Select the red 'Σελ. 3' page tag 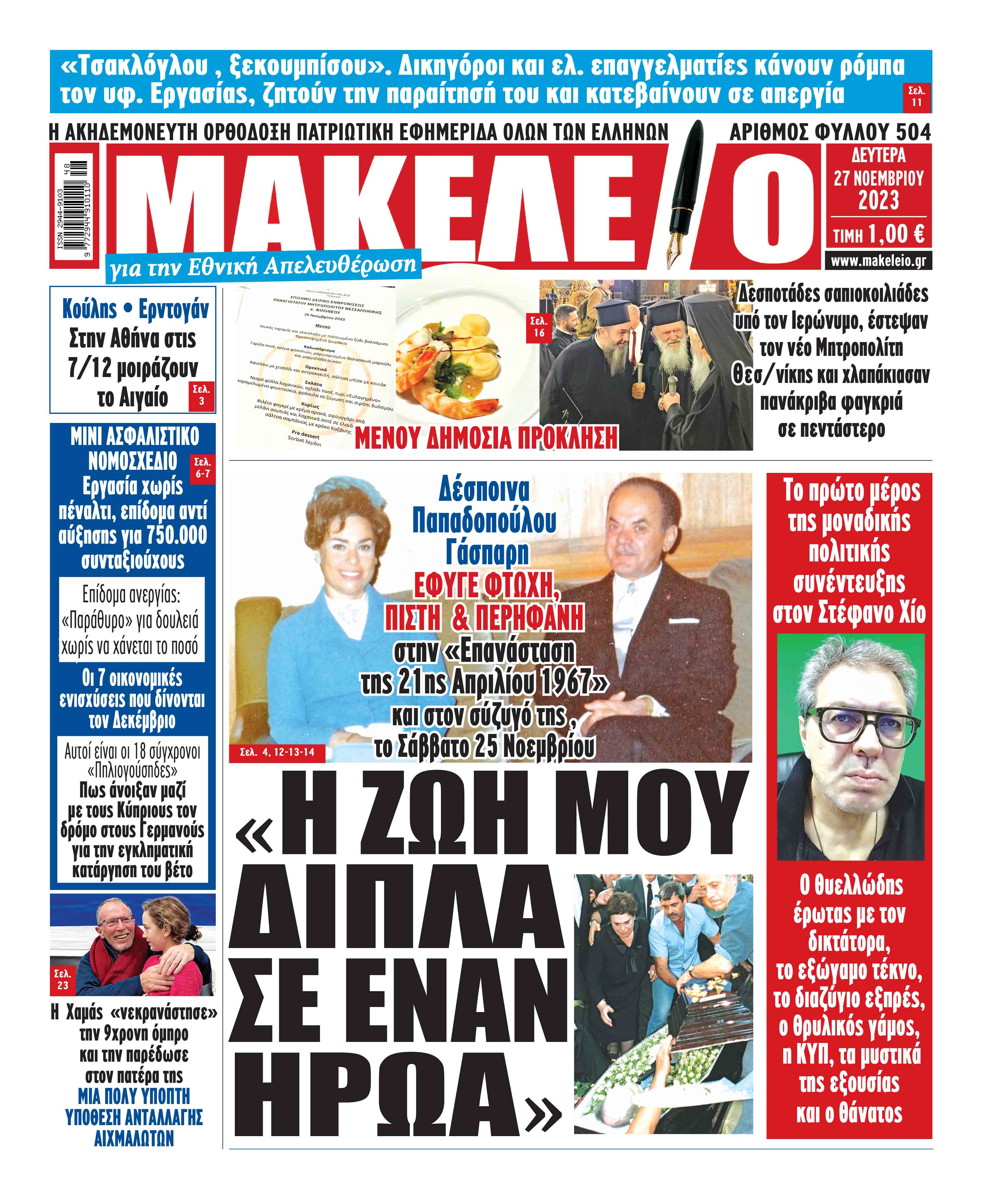pos(201,395)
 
